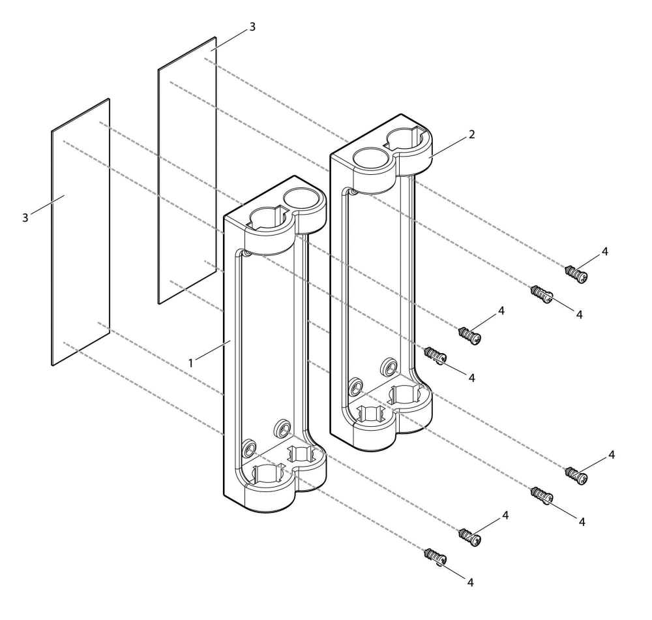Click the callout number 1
click(191, 364)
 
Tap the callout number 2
click(471, 134)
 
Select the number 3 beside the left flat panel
click(25, 217)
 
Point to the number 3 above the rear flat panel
click(252, 27)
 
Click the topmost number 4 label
click(604, 251)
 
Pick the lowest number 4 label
click(470, 583)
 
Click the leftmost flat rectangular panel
click(81, 232)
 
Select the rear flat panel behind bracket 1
click(187, 170)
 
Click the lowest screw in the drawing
click(436, 557)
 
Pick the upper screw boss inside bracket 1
click(283, 427)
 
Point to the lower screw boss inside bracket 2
click(355, 387)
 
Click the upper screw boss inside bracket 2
click(389, 366)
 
